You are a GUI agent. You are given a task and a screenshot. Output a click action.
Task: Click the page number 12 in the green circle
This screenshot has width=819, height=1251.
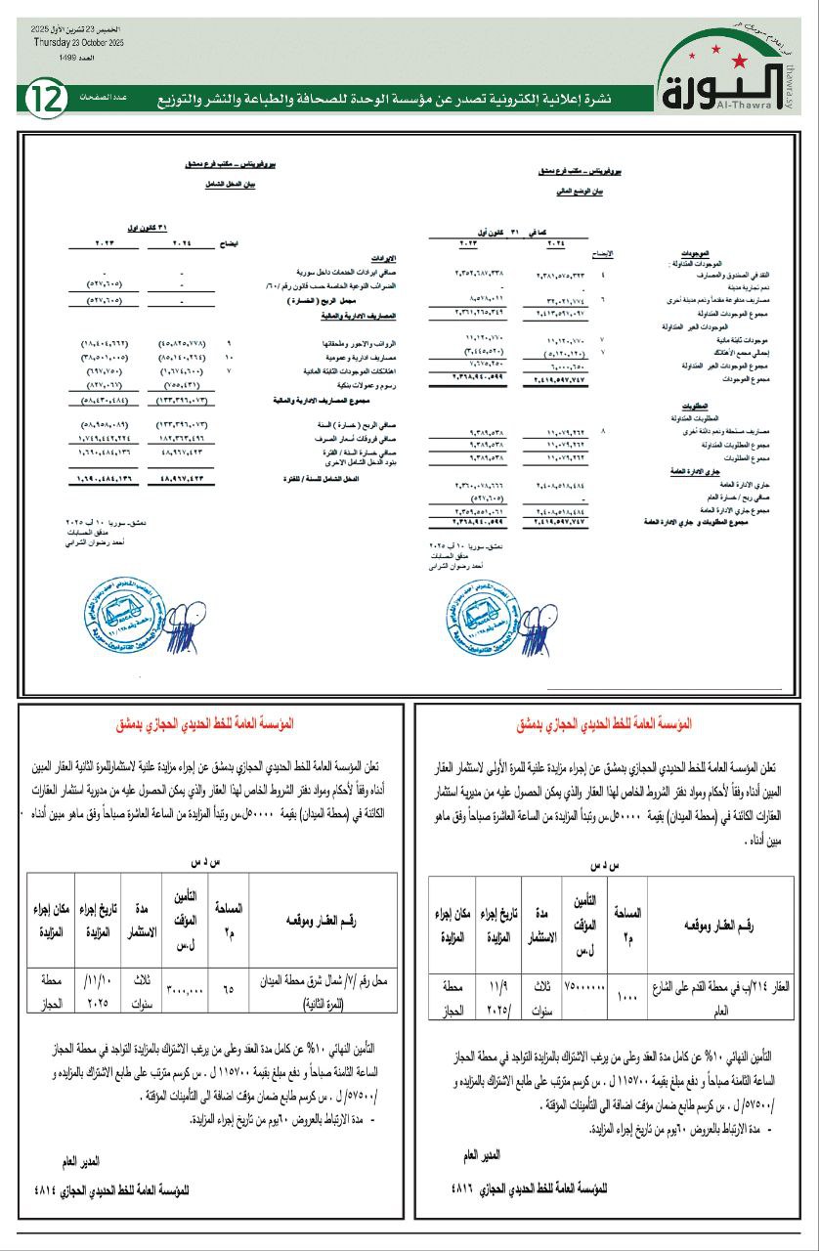click(46, 99)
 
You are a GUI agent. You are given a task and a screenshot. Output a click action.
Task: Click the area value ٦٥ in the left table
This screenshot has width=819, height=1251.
click(228, 989)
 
